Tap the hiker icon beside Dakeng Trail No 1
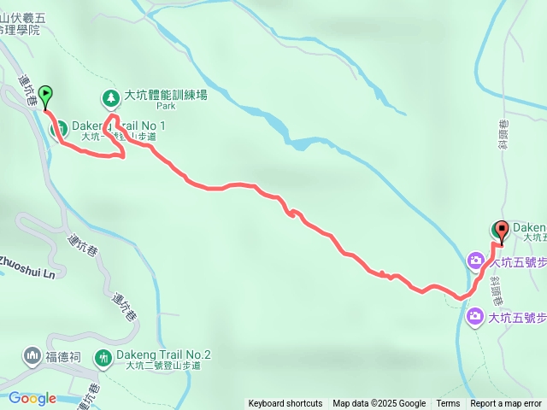(62, 130)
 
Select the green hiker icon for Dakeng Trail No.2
(103, 357)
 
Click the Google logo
(32, 397)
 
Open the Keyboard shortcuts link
(285, 404)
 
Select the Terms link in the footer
(448, 404)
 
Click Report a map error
(506, 404)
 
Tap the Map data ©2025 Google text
(379, 404)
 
